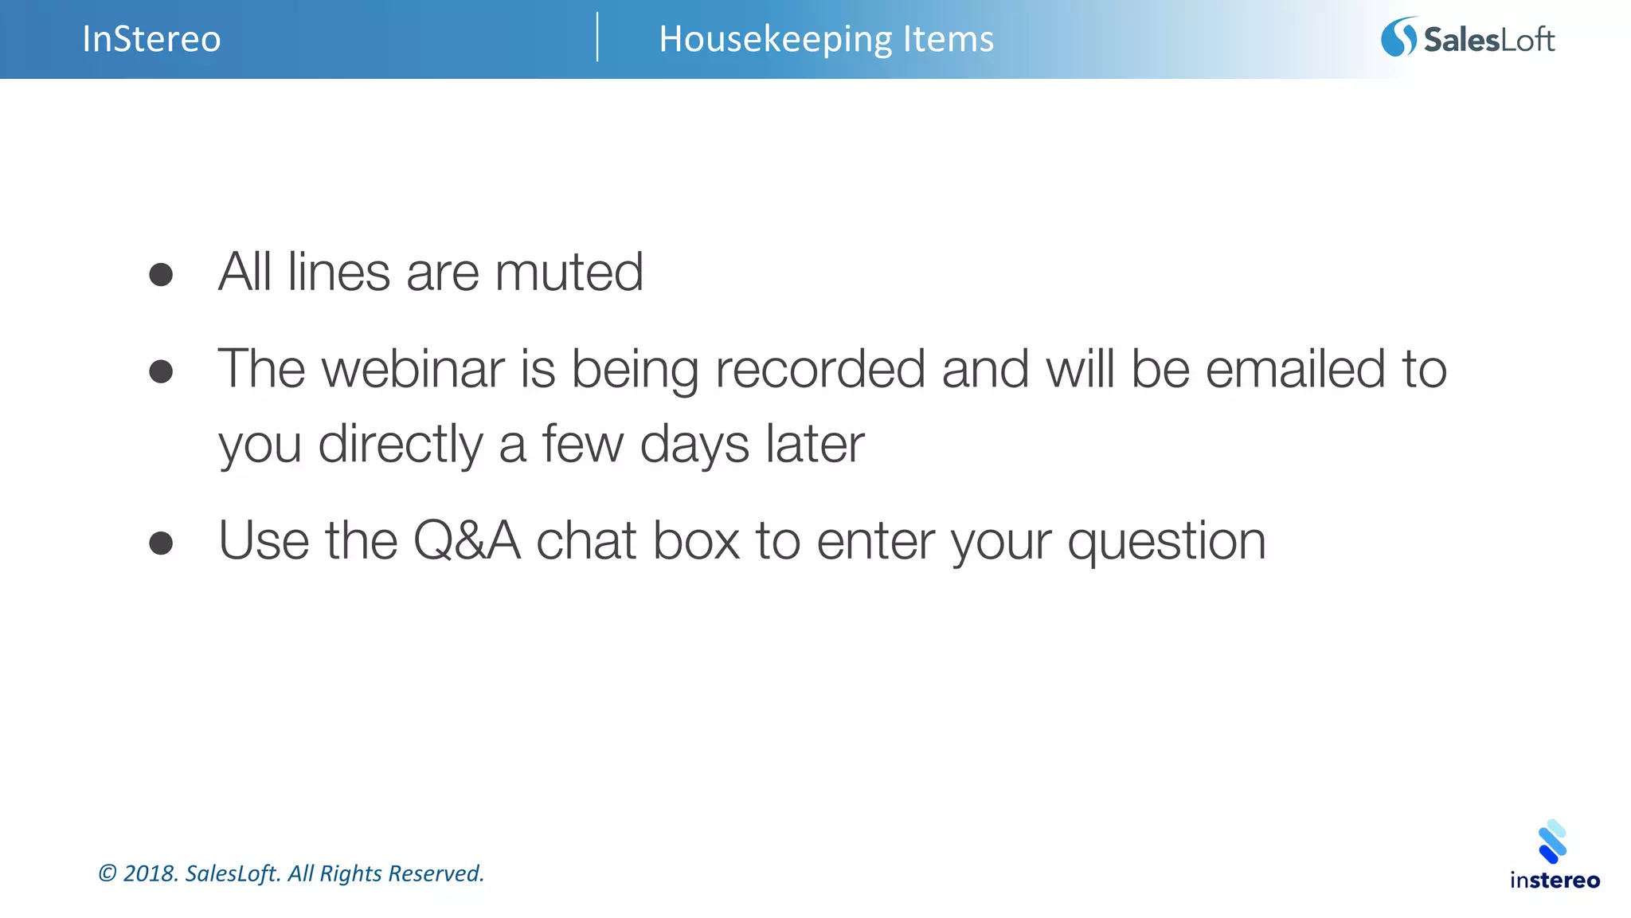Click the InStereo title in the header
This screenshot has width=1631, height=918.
(x=151, y=39)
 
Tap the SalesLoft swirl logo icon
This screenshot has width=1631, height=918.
(x=1398, y=37)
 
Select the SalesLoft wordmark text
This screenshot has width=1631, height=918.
(x=1488, y=40)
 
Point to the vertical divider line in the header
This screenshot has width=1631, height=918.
(x=597, y=37)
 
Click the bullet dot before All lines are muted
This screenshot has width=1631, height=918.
(x=161, y=275)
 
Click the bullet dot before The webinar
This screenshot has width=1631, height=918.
(x=161, y=371)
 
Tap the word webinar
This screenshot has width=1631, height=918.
(x=413, y=369)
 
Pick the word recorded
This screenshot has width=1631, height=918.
(x=820, y=369)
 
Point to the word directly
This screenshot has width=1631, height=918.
(x=400, y=445)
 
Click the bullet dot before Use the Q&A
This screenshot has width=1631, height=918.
(x=161, y=543)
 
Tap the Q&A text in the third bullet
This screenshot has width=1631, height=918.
(x=467, y=541)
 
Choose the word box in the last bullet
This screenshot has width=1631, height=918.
(x=696, y=541)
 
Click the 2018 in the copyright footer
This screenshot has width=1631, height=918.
(x=149, y=873)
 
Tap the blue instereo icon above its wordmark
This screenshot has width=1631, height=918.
(x=1552, y=841)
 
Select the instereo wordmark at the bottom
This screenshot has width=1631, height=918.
(x=1555, y=881)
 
